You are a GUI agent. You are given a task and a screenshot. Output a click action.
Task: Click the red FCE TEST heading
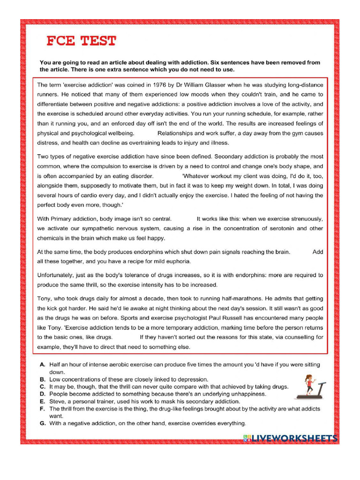tap(81, 41)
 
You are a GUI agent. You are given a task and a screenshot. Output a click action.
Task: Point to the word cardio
tap(96, 186)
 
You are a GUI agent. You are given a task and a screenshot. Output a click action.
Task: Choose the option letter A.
tap(42, 364)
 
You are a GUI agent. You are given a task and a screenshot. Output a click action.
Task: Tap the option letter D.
tap(42, 394)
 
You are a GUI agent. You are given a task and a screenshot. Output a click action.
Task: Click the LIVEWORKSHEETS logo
tap(290, 438)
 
